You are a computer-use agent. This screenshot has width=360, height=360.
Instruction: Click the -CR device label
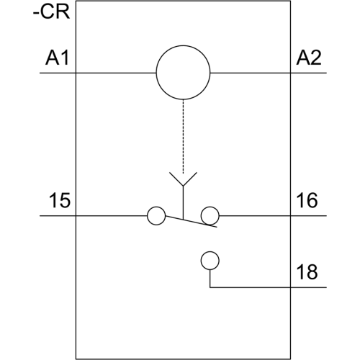(51, 12)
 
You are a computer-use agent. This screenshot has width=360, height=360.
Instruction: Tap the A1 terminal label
(57, 58)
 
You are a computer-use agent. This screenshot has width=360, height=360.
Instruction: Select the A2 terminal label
(309, 58)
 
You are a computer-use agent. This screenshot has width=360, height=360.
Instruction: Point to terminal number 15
(60, 200)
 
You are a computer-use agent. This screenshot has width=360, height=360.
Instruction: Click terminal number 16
(307, 200)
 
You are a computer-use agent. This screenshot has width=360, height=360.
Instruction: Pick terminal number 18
(307, 272)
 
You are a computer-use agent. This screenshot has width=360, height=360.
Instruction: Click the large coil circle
(183, 45)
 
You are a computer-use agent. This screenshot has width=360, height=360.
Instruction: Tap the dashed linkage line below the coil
(183, 136)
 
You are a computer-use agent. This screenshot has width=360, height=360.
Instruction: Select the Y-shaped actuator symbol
(183, 179)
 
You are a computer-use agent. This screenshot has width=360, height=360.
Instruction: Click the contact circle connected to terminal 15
(156, 207)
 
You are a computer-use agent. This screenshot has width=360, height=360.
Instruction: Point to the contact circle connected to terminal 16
(210, 207)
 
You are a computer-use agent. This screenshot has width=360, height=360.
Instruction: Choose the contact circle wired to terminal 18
(210, 252)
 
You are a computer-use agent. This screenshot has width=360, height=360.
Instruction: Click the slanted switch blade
(192, 222)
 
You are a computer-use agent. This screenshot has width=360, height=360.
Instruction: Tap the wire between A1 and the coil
(98, 73)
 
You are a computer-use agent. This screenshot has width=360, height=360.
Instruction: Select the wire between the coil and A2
(269, 73)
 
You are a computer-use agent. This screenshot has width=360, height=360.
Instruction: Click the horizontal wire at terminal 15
(94, 216)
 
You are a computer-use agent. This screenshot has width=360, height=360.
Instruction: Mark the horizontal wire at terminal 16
(273, 216)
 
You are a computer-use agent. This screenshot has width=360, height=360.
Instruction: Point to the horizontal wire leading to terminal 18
(269, 287)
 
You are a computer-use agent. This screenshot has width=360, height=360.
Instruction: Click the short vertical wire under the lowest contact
(210, 279)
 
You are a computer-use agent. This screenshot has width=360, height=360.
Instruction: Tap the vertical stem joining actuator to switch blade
(183, 203)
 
